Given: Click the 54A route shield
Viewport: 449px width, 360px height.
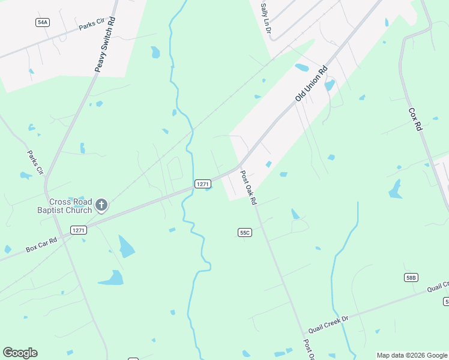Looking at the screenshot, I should (42, 22).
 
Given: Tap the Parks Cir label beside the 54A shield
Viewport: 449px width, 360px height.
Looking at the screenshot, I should (92, 25).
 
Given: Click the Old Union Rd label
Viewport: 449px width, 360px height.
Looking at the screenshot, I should (310, 83).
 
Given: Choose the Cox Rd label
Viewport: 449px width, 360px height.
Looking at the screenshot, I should (415, 120).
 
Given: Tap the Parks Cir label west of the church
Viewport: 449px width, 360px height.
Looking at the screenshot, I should (35, 162).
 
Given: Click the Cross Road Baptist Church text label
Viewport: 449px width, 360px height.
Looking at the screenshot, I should (71, 206).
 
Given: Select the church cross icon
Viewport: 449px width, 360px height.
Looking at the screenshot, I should (102, 206).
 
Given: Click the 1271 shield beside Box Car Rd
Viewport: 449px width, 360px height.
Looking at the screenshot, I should (79, 230).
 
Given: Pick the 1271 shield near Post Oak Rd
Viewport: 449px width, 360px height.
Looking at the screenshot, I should (202, 183).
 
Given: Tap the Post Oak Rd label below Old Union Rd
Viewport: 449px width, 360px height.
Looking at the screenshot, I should (248, 188).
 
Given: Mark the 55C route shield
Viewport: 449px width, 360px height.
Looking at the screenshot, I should (244, 232).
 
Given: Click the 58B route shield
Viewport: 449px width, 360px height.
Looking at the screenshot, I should (411, 277).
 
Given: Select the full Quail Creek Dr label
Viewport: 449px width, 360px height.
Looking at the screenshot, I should (328, 323).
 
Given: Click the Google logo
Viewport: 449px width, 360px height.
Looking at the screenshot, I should (20, 353).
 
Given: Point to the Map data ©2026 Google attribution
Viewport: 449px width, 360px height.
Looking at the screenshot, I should (412, 355).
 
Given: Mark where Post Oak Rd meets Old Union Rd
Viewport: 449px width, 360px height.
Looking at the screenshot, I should (239, 166).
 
